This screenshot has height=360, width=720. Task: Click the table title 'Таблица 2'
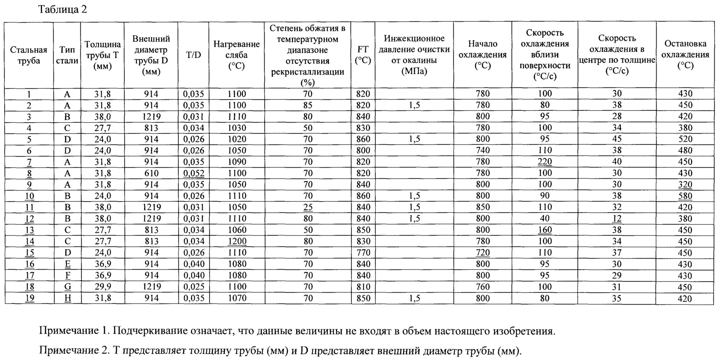[63, 10]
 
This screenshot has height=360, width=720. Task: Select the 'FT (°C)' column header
[362, 55]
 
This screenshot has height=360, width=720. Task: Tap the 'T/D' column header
[193, 55]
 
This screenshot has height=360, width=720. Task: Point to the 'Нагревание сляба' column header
[236, 55]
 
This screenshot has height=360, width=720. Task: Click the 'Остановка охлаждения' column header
[685, 54]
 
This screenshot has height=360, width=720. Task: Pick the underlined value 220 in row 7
[545, 162]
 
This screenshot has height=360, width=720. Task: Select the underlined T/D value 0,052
[194, 173]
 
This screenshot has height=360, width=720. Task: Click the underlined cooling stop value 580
[685, 196]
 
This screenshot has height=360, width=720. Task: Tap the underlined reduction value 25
[308, 207]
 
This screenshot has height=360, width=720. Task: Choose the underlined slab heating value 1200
[237, 241]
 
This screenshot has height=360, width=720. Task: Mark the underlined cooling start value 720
[483, 253]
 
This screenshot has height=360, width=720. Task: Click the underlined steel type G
[67, 287]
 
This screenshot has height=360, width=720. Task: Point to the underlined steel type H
[67, 298]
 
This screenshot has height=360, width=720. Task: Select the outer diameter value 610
[151, 173]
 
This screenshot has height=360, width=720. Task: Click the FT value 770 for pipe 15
[363, 253]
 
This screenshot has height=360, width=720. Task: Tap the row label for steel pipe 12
[29, 219]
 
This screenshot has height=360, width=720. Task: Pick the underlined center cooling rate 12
[617, 219]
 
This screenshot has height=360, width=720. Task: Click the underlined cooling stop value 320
[685, 184]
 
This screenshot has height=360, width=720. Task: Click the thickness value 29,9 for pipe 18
[103, 287]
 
